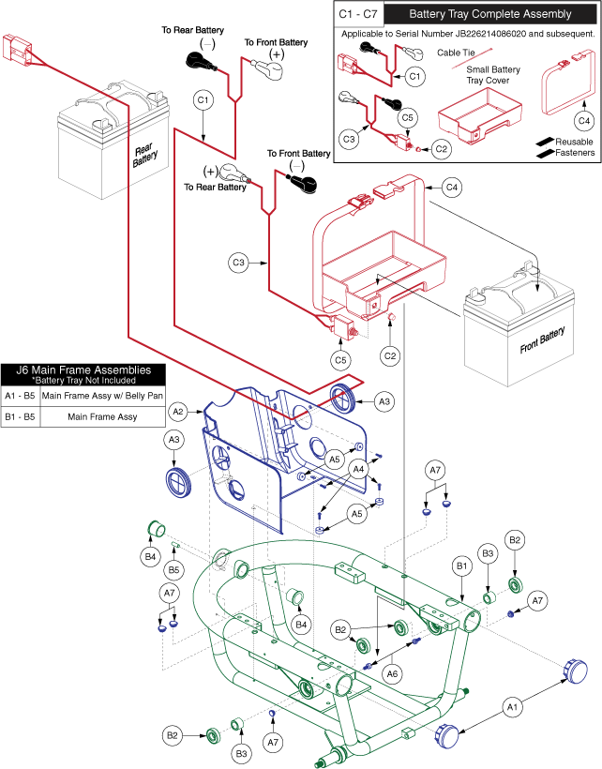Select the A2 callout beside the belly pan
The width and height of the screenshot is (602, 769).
pos(178,411)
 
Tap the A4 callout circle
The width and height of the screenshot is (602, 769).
pos(358,468)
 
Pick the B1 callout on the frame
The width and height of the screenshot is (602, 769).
pos(461,566)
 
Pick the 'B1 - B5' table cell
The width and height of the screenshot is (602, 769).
pos(21,415)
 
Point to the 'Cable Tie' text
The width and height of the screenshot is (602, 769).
pos(480,53)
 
